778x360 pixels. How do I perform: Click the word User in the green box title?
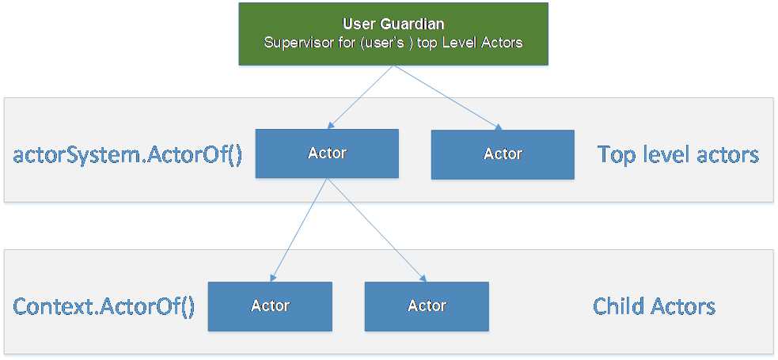[x=357, y=25]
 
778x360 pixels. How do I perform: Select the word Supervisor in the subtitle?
[x=295, y=43]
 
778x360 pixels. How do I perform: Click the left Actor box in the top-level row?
[x=327, y=153]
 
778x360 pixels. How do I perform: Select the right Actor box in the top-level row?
[x=503, y=154]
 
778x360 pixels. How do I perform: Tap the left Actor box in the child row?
[x=270, y=306]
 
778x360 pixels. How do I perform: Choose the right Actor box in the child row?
[x=427, y=306]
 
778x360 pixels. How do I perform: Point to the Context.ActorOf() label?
[x=104, y=306]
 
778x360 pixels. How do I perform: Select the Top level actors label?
[x=678, y=154]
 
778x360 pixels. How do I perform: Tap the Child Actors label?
[x=654, y=306]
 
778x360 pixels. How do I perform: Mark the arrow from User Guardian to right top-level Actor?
[x=447, y=97]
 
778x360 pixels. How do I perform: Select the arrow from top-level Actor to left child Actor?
[x=299, y=230]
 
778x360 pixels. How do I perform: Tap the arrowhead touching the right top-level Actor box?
[x=498, y=127]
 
